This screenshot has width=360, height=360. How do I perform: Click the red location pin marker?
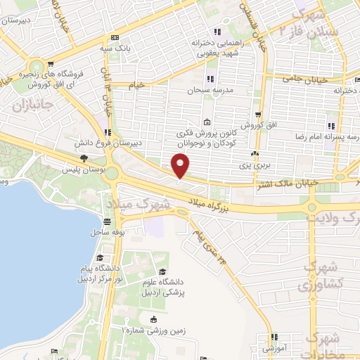point(181,165)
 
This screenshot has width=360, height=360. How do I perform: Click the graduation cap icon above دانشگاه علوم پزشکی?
point(162,272)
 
